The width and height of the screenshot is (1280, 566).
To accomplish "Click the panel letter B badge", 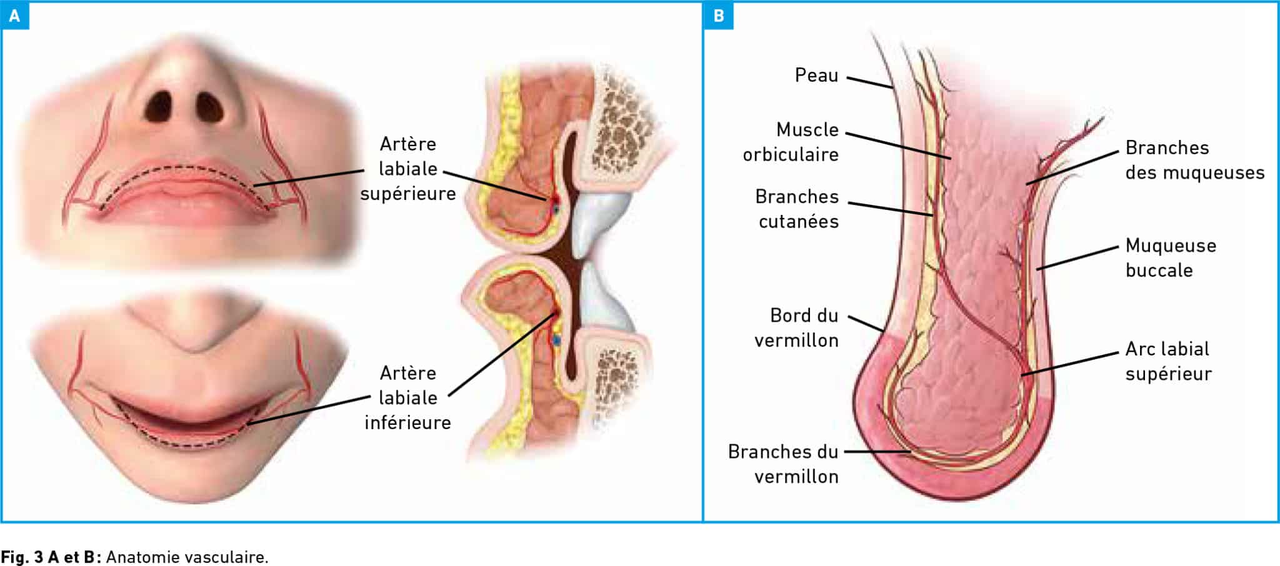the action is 719,16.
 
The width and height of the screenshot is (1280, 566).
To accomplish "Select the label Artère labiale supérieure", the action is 408,169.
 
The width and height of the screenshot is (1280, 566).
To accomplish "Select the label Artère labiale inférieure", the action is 408,398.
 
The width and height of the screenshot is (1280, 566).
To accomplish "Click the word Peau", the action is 816,75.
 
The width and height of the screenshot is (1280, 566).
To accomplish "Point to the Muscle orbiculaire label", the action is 791,142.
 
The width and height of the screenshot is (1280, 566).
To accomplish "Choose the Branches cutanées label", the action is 797,209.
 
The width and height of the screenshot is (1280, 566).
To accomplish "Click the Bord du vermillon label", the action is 797,327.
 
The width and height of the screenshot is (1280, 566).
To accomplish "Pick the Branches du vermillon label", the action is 783,464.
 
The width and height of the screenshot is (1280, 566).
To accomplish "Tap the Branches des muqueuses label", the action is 1195,160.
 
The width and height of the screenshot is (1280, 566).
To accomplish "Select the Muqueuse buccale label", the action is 1171,257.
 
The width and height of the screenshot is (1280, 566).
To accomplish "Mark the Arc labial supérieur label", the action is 1168,360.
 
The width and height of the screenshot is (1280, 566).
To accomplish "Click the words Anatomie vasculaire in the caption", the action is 187,557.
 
